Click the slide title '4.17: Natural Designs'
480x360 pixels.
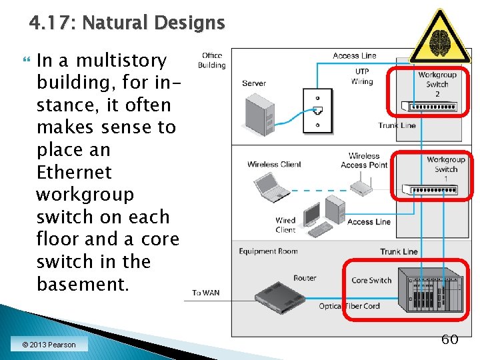(127, 23)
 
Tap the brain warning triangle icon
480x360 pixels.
(439, 38)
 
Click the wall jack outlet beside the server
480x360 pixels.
(317, 109)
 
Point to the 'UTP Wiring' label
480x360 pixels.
(362, 77)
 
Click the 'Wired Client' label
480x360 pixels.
(285, 225)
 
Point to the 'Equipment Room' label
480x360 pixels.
(268, 251)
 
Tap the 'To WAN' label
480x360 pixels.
(205, 293)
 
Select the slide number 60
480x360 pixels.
(450, 339)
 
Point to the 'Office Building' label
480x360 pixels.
(211, 61)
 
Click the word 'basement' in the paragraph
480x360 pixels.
(81, 284)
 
